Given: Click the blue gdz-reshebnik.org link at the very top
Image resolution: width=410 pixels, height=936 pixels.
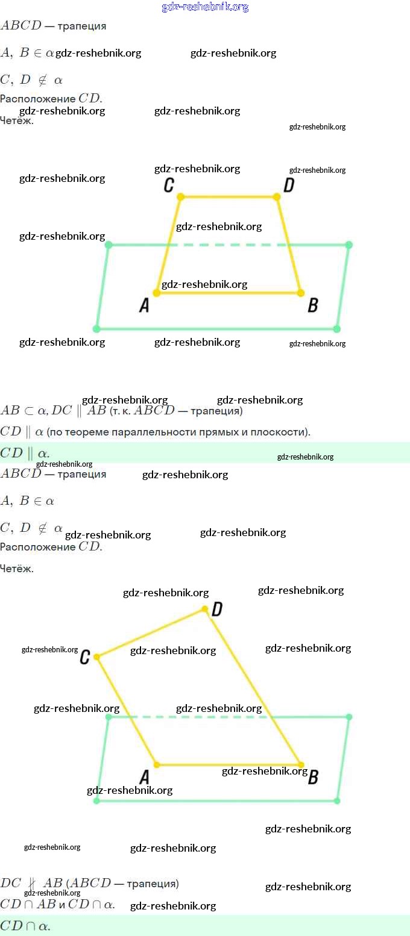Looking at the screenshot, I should click(x=205, y=7).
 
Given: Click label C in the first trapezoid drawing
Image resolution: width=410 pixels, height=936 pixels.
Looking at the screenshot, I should click(x=169, y=185).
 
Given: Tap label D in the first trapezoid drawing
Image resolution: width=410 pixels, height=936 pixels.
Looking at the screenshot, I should click(x=289, y=185).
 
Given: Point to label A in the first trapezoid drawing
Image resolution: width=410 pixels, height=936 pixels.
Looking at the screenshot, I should click(x=144, y=305).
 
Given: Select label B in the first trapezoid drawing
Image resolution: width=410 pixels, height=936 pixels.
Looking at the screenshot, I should click(x=312, y=305).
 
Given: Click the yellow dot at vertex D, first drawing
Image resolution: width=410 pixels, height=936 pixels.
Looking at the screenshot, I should click(x=277, y=197).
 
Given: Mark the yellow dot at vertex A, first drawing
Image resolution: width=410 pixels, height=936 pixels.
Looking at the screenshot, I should click(x=157, y=293).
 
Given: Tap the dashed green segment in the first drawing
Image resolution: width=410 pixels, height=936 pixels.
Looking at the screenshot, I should click(x=229, y=245).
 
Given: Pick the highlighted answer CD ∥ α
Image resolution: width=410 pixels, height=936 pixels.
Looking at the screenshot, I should click(x=25, y=453).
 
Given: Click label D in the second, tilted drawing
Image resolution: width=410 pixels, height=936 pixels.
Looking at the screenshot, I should click(x=217, y=610).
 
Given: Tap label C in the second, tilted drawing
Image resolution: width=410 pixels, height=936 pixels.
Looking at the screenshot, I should click(x=84, y=657).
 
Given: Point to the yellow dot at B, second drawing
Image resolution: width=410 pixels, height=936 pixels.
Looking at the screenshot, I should click(x=300, y=765).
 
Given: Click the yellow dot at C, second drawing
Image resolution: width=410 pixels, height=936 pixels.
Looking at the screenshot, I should click(x=96, y=657).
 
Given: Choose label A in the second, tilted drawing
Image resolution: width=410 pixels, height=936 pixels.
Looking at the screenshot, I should click(x=144, y=777).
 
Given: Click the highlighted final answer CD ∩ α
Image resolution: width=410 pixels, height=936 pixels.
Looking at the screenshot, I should click(x=25, y=926).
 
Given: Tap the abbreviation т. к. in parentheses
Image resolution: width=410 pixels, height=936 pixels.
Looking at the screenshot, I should click(x=120, y=411).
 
